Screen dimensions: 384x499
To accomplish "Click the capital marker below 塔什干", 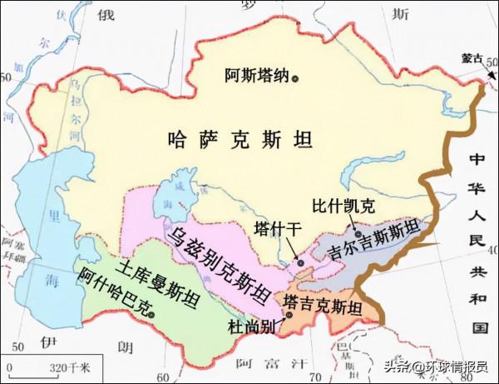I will point(300,263).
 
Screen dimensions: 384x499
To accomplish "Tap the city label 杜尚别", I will point(250,326).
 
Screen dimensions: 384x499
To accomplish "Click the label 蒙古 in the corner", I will point(472,59).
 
